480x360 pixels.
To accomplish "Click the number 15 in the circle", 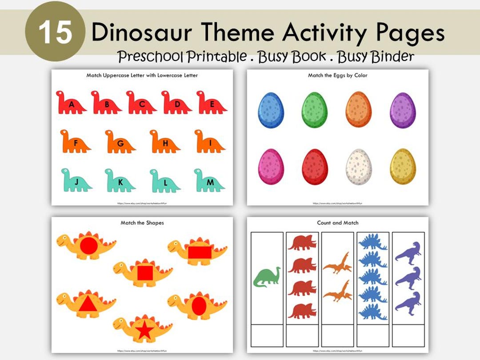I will click(x=54, y=32).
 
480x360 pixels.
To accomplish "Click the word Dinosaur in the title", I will click(x=142, y=32).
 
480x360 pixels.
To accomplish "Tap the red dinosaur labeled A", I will click(x=71, y=103).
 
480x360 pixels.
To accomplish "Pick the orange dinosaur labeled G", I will click(x=120, y=142).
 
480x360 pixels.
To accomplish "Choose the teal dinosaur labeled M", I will click(x=209, y=180).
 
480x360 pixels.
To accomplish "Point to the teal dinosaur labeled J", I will click(x=76, y=180).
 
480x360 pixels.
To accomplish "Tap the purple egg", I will click(x=403, y=110).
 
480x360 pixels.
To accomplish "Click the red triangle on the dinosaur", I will click(x=88, y=304).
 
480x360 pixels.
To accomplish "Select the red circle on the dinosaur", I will click(x=88, y=246).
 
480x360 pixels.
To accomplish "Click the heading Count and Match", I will click(x=337, y=223).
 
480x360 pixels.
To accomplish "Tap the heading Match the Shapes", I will click(x=142, y=223).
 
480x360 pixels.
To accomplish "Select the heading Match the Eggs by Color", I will click(x=337, y=76).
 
